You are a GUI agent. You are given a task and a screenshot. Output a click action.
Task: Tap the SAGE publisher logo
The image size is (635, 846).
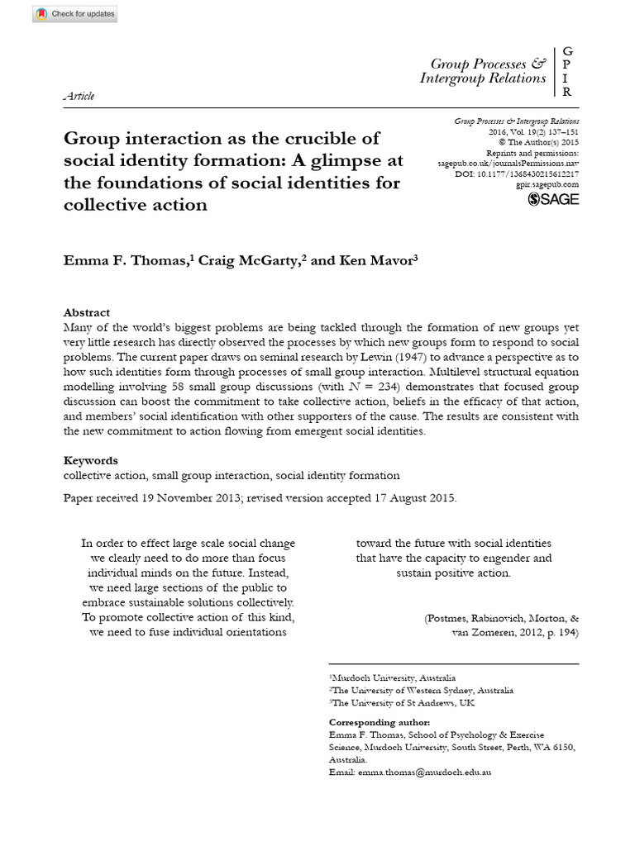click(x=554, y=198)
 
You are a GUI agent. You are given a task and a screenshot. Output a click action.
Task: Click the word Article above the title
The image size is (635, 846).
click(x=79, y=96)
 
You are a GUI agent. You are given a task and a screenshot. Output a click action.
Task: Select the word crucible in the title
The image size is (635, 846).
click(x=338, y=138)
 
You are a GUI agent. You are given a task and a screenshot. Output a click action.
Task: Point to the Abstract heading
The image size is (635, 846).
click(x=87, y=312)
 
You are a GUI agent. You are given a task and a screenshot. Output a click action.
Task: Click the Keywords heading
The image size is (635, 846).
click(x=91, y=460)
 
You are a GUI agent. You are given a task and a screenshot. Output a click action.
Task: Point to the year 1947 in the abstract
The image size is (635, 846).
click(x=447, y=357)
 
